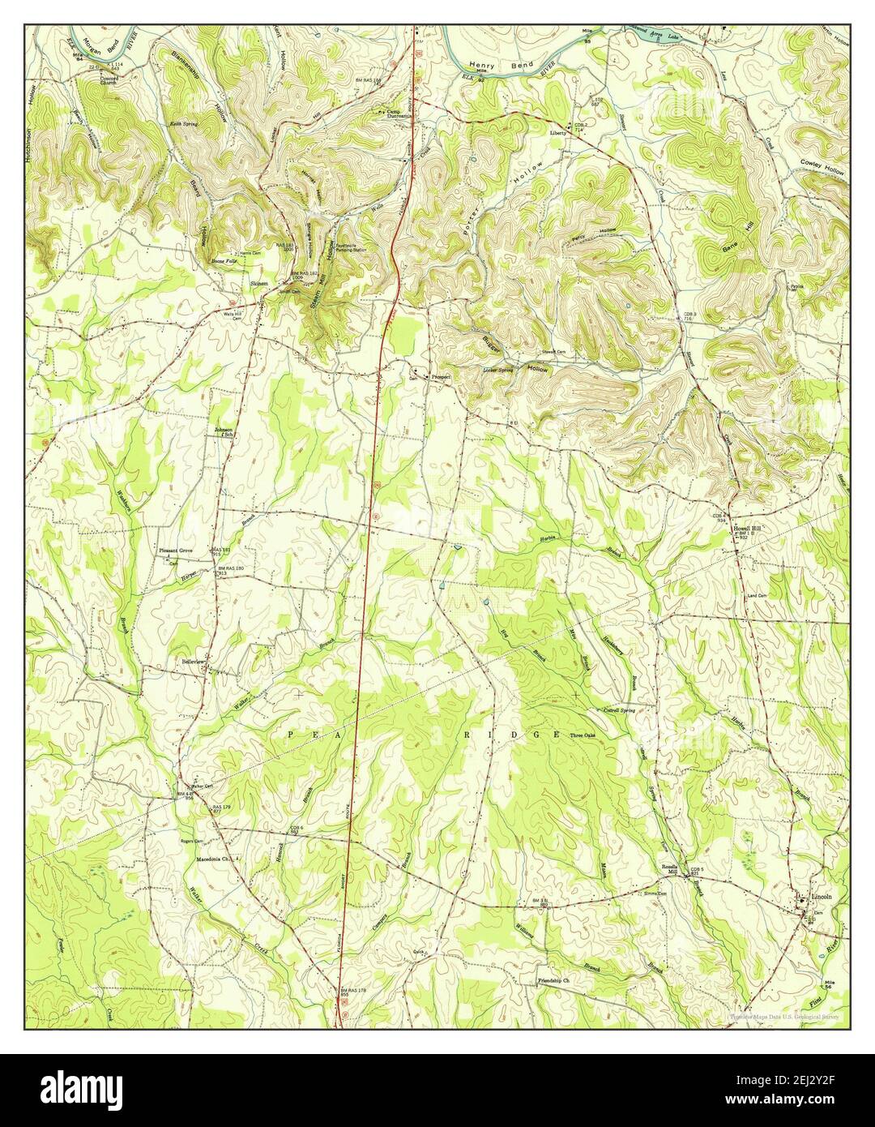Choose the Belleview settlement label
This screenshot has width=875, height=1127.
pyautogui.click(x=195, y=662)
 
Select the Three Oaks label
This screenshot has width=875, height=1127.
pyautogui.click(x=587, y=736)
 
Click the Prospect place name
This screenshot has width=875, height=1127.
pyautogui.click(x=442, y=377)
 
